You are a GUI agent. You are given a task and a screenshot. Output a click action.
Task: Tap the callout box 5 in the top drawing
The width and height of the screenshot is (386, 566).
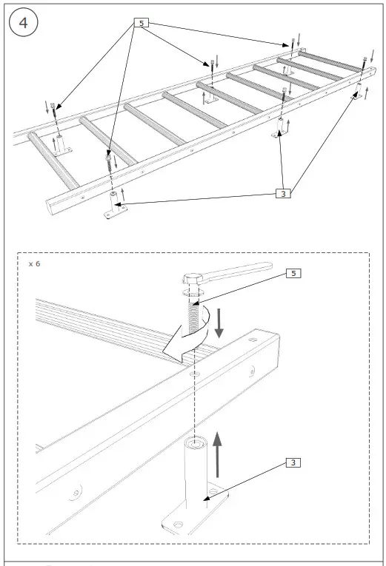141,23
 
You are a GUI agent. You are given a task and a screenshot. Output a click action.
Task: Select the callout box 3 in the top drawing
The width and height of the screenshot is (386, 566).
282,194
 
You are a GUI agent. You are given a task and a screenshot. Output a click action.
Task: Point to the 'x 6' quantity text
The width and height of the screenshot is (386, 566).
35,263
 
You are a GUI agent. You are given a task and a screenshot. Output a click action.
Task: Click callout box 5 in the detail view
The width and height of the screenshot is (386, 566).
294,273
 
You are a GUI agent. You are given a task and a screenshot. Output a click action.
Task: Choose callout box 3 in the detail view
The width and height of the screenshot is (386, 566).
293,463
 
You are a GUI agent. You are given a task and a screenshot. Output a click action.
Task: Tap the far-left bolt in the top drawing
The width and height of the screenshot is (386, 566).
53,109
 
